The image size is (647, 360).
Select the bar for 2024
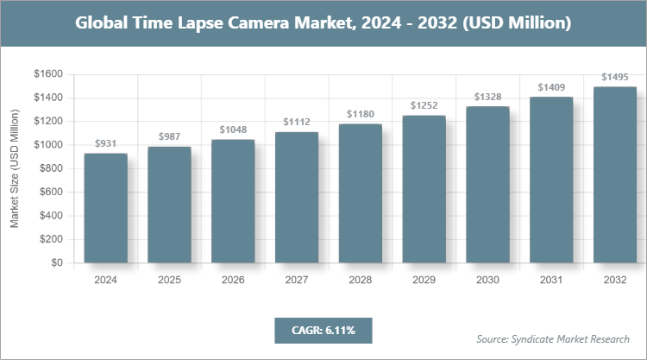click(x=106, y=208)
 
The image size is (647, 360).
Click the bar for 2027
click(x=297, y=198)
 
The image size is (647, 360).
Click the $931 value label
click(x=106, y=143)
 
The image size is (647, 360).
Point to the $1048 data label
click(x=233, y=129)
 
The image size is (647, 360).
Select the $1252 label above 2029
click(x=424, y=105)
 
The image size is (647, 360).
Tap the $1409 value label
click(x=551, y=87)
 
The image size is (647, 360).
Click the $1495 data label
click(x=615, y=77)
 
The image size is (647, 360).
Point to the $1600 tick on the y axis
click(x=47, y=74)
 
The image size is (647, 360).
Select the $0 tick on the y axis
click(x=56, y=262)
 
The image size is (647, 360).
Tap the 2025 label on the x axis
click(x=169, y=280)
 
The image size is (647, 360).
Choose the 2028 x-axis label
click(x=361, y=280)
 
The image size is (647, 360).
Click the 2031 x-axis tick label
click(x=551, y=280)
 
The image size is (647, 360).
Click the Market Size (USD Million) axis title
click(x=15, y=168)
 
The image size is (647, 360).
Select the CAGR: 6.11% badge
click(x=323, y=330)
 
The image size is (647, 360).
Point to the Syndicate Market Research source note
click(x=553, y=338)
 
